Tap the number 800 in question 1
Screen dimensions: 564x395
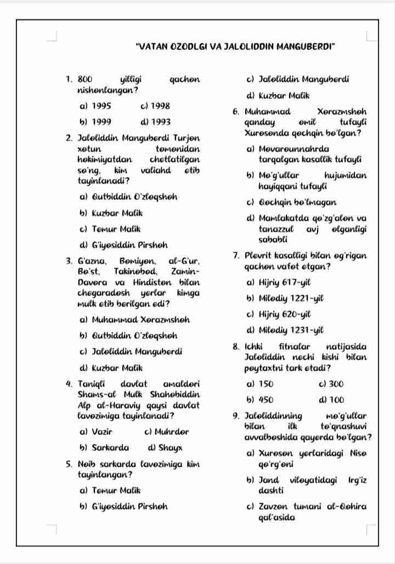87,80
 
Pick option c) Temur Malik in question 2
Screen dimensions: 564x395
110,228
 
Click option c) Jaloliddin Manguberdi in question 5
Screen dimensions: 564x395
298,80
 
